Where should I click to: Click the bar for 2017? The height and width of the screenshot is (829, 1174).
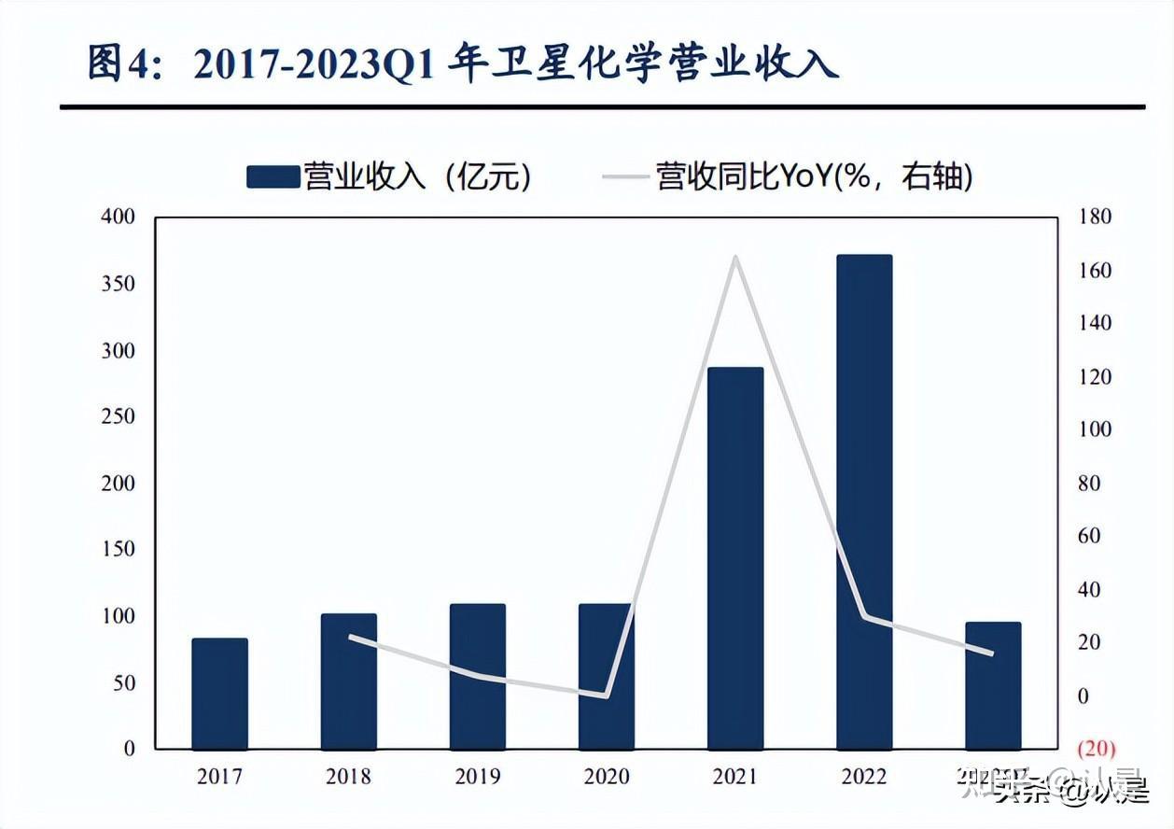[219, 694]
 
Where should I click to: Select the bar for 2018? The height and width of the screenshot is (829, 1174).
[348, 681]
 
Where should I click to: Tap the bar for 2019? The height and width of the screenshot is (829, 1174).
[477, 677]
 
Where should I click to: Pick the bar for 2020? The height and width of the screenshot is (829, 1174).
[606, 677]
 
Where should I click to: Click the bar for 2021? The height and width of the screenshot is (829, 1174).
[735, 558]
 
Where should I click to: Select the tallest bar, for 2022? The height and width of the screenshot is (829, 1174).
[864, 502]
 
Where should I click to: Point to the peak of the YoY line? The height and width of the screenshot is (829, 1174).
[735, 257]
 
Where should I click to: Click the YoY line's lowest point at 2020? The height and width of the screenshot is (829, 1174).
[607, 696]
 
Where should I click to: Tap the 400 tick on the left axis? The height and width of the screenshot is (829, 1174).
[118, 218]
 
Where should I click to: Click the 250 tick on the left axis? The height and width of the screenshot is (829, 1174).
[118, 416]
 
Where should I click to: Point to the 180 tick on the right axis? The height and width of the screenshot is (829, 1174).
[1096, 218]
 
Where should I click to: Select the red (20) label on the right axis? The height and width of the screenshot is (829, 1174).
[1096, 749]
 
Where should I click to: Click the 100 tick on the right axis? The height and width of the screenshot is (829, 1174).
[1096, 430]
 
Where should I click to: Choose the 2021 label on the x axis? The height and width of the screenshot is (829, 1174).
[735, 777]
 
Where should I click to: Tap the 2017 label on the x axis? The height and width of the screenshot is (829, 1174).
[219, 777]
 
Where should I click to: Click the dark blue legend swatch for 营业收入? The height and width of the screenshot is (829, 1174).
[273, 176]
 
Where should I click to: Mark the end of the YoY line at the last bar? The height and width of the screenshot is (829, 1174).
[992, 653]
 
